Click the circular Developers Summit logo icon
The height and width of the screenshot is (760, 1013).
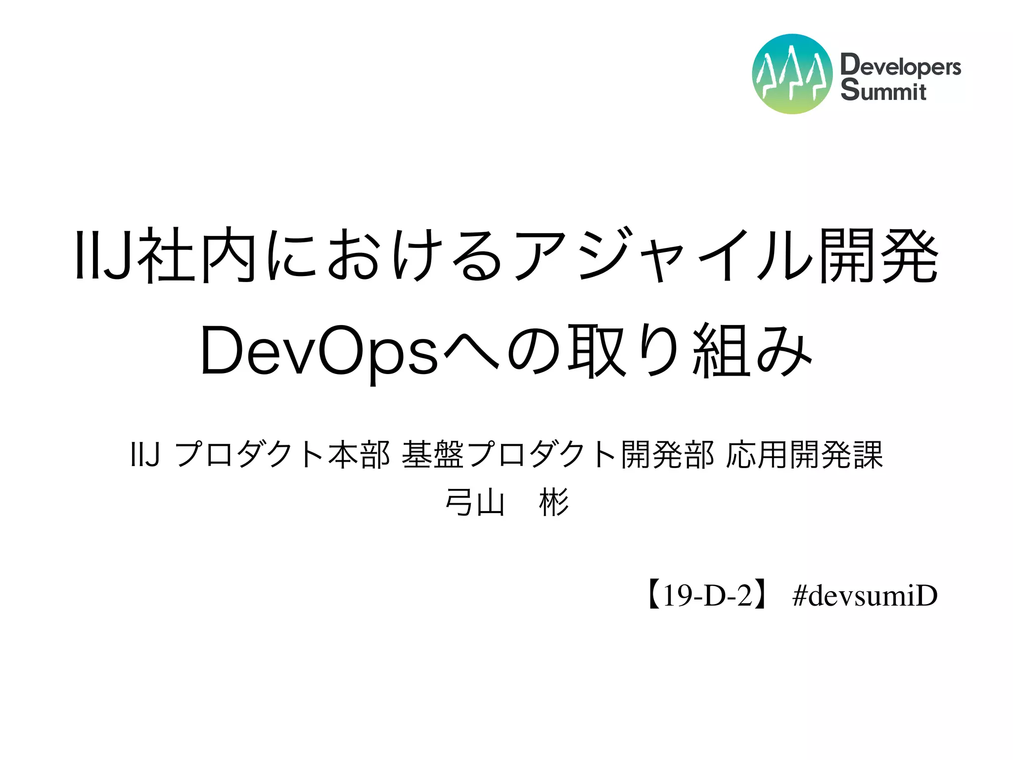792,74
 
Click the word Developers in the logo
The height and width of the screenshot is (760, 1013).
900,66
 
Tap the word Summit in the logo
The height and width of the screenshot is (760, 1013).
883,91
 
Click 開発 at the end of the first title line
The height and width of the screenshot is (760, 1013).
878,255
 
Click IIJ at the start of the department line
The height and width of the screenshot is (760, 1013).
145,455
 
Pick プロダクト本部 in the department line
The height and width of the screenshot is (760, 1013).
282,455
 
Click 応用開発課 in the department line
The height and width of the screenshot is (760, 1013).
804,455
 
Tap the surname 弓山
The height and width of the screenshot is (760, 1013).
474,503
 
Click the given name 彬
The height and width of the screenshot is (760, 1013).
553,503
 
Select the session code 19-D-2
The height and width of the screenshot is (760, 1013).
707,595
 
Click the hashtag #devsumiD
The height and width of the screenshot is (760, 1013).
864,595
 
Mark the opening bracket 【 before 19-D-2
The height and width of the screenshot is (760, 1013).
652,595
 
